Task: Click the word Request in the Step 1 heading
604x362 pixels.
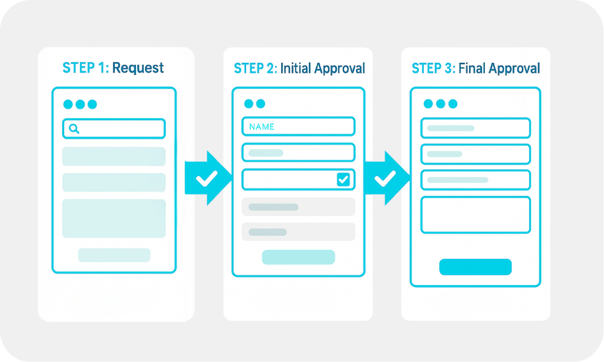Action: (138, 68)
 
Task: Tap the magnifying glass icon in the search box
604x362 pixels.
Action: (74, 129)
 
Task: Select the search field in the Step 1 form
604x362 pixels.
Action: (114, 129)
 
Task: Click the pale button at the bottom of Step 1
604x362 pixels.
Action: (114, 255)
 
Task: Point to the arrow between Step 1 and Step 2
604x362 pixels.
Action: (208, 178)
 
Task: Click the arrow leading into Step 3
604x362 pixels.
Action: (386, 178)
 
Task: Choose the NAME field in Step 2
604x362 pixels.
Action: (298, 126)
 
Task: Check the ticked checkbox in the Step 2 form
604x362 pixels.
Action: (343, 179)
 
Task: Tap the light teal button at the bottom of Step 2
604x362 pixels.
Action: (298, 257)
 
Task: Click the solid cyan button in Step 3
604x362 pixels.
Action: (475, 267)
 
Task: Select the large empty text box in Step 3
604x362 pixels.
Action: (475, 215)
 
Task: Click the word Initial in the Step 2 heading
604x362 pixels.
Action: (296, 68)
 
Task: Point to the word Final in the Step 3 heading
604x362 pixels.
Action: (472, 68)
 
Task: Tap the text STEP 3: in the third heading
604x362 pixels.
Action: (434, 68)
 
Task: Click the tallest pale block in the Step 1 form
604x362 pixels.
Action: (114, 218)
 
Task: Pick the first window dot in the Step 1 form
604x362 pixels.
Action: (68, 105)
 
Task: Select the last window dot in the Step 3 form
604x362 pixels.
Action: (453, 103)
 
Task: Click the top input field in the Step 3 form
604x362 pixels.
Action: (475, 128)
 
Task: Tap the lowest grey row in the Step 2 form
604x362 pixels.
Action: (298, 232)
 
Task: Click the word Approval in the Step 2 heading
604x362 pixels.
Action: (339, 69)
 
